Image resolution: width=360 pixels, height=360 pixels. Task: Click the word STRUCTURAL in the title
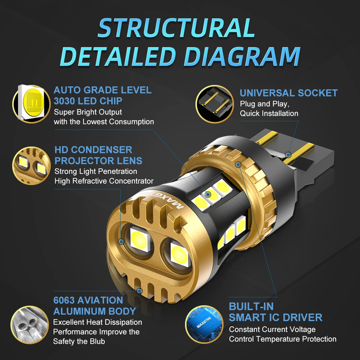[x=176, y=28]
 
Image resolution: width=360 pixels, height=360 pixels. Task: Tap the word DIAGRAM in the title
[x=242, y=57]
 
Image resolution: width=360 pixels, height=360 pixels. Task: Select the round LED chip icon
[x=31, y=104]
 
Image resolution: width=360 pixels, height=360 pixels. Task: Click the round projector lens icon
[x=31, y=166]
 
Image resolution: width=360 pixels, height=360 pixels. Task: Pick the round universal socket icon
[x=215, y=104]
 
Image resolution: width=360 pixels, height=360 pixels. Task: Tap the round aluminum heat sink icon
[x=30, y=325]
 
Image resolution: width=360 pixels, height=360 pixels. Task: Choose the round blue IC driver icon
[x=204, y=324]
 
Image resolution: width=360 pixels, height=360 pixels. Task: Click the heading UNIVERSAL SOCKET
[x=289, y=93]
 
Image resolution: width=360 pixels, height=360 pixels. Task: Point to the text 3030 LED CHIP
[x=88, y=101]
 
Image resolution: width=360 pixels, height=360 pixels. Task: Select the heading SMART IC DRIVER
[x=275, y=318]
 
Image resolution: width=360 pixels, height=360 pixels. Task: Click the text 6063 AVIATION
[x=88, y=300]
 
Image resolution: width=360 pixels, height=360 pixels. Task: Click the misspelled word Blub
[x=97, y=341]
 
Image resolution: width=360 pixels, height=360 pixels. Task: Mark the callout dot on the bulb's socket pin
[x=288, y=155]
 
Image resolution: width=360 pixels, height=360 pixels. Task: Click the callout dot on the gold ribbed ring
[x=238, y=165]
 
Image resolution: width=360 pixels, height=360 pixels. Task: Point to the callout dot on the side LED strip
[x=208, y=194]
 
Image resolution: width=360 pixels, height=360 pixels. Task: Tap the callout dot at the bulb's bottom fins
[x=139, y=291]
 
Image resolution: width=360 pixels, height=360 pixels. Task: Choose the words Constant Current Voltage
[x=272, y=329]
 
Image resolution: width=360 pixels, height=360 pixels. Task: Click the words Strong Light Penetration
[x=96, y=171]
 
